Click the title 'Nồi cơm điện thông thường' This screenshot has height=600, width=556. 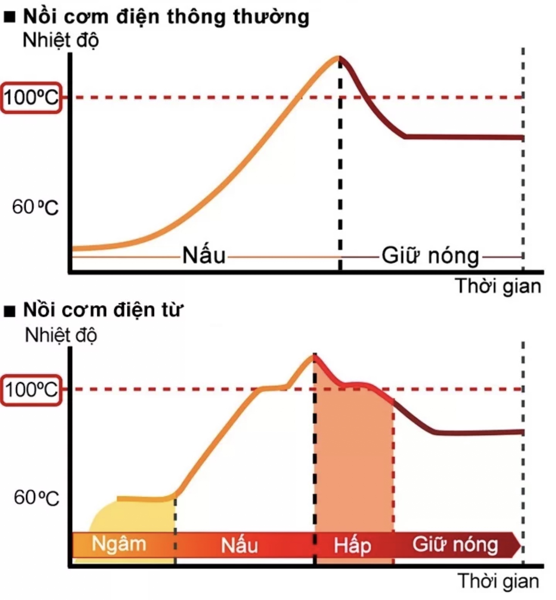click(166, 17)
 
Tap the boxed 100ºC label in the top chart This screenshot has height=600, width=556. click(31, 97)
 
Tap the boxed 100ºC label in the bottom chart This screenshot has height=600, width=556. click(31, 390)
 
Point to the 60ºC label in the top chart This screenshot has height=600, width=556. click(35, 207)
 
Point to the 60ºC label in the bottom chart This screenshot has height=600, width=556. click(36, 498)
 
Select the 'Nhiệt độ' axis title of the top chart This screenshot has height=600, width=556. click(61, 40)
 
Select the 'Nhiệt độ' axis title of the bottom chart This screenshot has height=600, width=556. click(61, 335)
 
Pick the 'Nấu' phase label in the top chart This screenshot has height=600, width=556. click(204, 256)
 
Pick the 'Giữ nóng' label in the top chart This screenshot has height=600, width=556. click(430, 256)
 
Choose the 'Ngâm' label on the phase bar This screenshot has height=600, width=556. click(119, 544)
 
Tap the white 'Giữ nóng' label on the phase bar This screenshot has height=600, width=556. click(455, 544)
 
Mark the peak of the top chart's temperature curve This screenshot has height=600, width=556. click(339, 58)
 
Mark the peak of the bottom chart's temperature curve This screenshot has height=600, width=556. click(314, 355)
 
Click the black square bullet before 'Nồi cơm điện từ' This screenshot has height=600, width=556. click(10, 311)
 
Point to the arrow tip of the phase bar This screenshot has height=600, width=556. click(519, 545)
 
